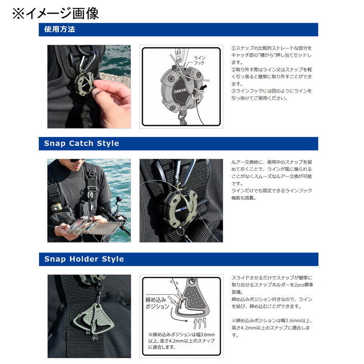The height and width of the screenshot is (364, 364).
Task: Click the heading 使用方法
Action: [60, 29]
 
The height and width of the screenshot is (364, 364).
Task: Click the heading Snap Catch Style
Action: [81, 143]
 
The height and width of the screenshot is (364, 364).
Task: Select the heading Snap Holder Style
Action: [84, 259]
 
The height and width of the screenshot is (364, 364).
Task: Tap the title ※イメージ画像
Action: [56, 13]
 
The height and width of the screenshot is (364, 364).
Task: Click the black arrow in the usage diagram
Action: [203, 87]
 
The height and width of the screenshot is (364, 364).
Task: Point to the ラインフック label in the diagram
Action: [199, 61]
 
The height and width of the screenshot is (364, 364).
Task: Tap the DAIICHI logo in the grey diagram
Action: [180, 91]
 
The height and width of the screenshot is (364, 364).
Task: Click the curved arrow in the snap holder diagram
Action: [177, 315]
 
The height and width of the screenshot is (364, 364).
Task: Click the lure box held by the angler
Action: [93, 226]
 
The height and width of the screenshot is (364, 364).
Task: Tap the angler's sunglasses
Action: [76, 161]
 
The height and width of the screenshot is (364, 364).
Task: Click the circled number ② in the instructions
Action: [233, 70]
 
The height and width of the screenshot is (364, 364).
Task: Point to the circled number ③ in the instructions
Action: [233, 91]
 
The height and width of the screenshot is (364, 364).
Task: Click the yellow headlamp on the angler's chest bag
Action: [56, 208]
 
